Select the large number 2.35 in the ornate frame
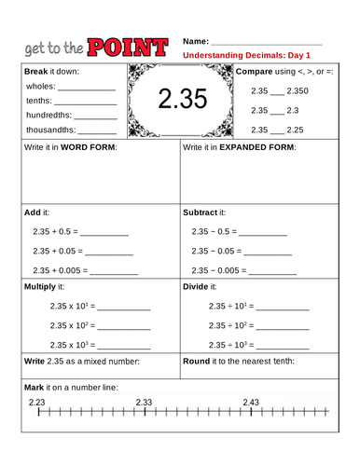pyautogui.click(x=181, y=100)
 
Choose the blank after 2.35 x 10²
pyautogui.click(x=123, y=325)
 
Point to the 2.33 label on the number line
pyautogui.click(x=144, y=402)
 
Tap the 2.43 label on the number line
pyautogui.click(x=250, y=402)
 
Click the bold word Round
pyautogui.click(x=196, y=361)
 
